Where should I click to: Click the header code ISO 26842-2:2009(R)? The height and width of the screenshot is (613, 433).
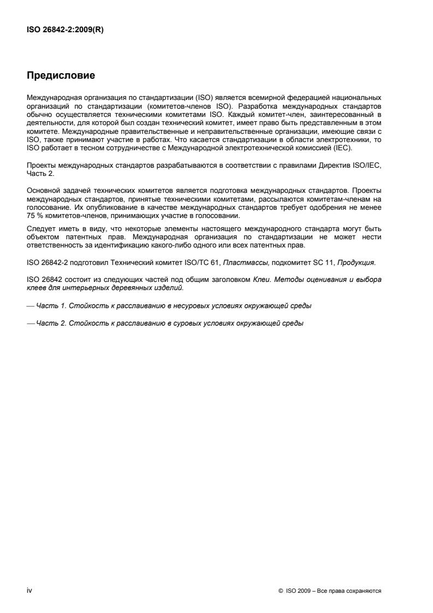pyautogui.click(x=65, y=30)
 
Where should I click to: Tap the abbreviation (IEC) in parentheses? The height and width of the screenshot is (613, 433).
pyautogui.click(x=344, y=148)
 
